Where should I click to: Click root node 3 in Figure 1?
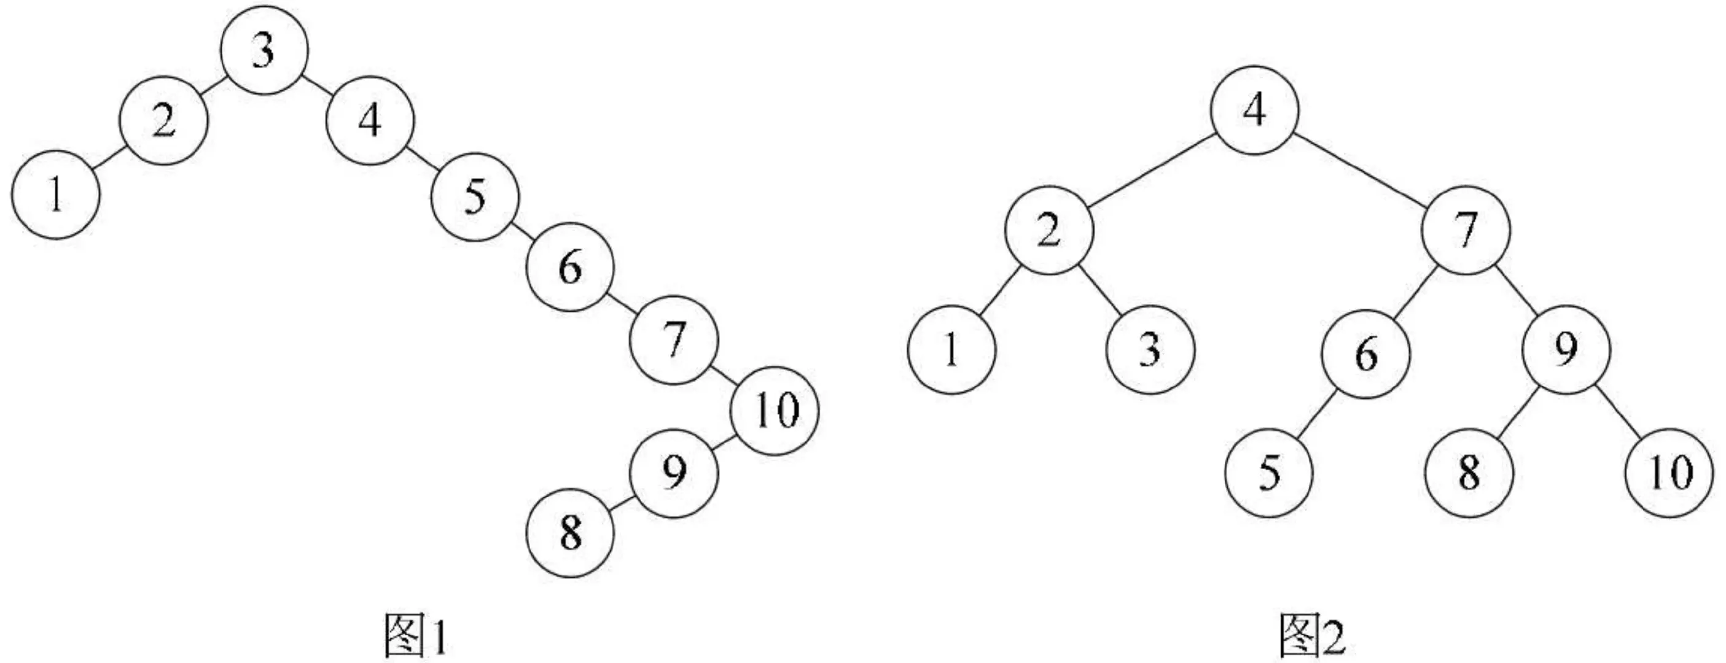264,51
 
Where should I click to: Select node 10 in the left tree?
775,410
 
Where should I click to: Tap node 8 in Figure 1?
570,533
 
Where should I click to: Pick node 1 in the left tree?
56,195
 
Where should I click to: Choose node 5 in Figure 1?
474,197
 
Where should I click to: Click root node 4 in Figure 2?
1254,110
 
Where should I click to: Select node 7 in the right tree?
1467,230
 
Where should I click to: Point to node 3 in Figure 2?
1150,349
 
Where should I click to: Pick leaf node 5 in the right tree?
1268,473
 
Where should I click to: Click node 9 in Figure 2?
1566,349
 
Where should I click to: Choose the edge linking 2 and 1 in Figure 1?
107,158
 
